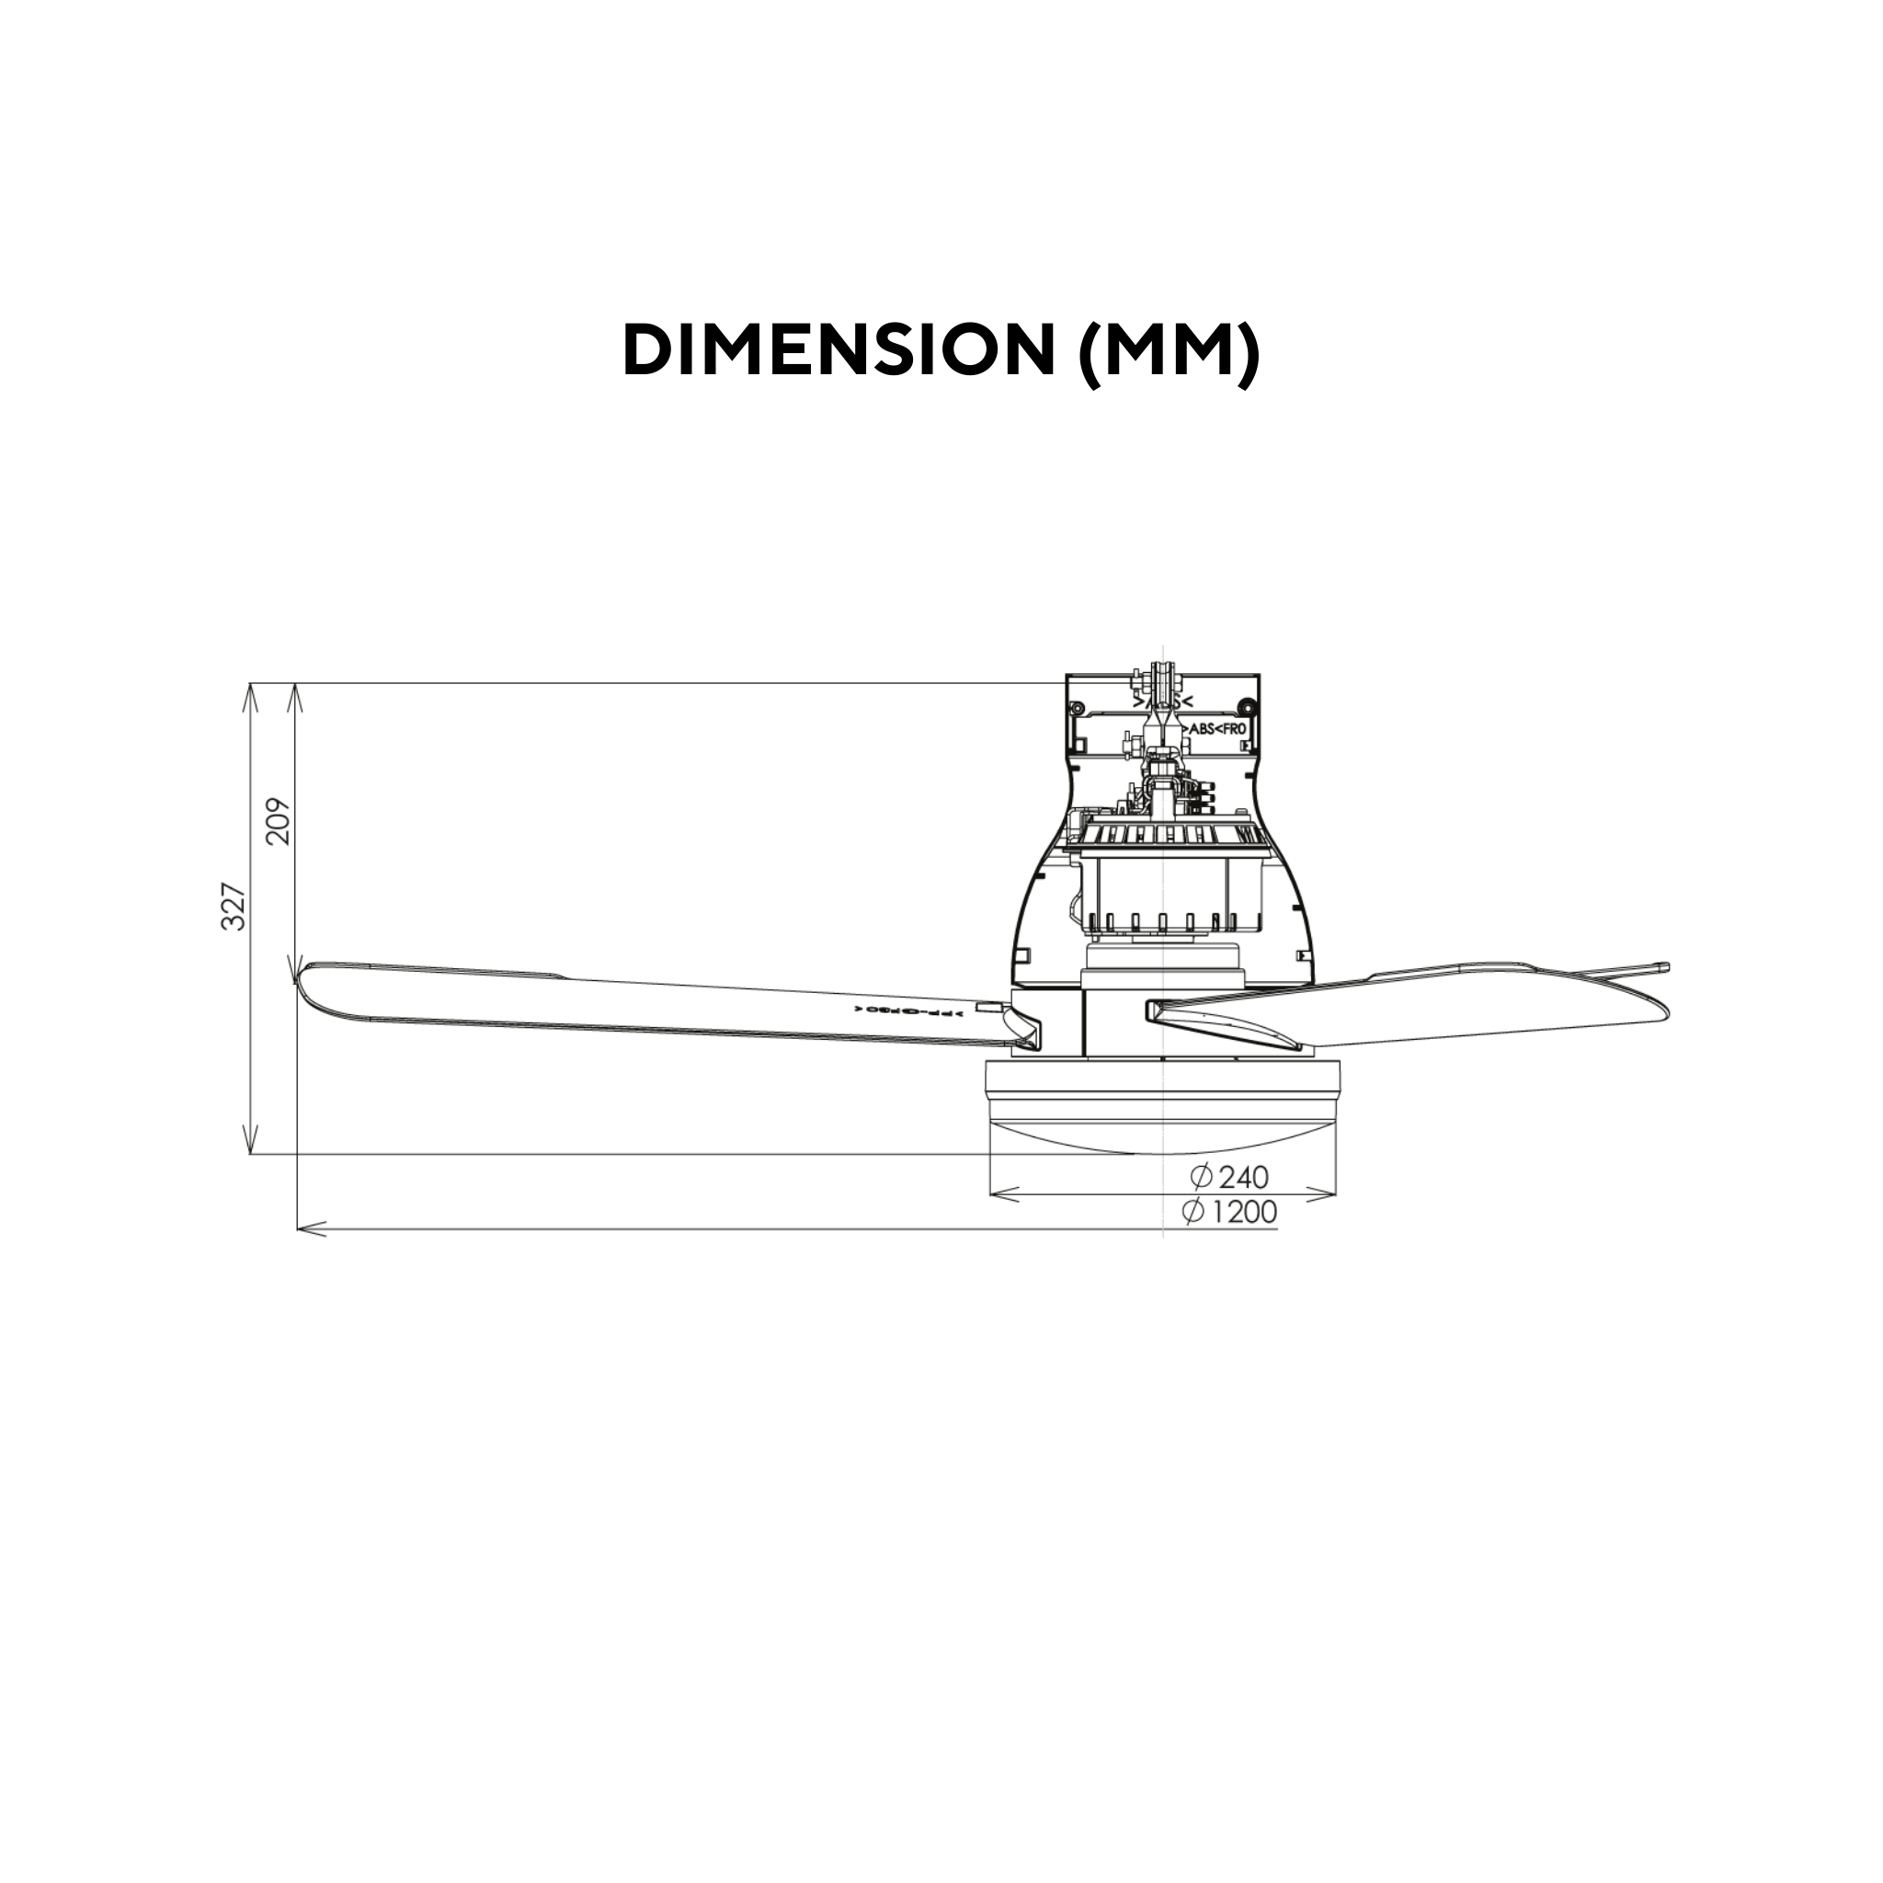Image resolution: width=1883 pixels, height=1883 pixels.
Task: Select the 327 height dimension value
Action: [x=234, y=907]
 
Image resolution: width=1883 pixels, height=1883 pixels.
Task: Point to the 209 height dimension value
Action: [x=279, y=821]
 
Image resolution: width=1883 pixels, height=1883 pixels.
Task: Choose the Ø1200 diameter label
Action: [x=1228, y=1212]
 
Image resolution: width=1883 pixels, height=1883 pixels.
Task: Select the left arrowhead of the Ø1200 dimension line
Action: [x=304, y=1230]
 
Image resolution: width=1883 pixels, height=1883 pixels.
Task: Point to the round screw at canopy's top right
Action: [x=1246, y=705]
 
